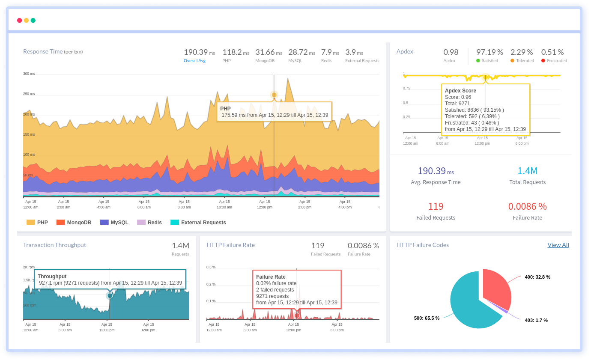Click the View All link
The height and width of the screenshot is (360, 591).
click(558, 245)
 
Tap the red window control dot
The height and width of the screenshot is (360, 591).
click(19, 21)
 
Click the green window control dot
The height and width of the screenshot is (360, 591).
click(33, 21)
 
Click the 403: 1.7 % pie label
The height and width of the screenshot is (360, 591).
click(536, 320)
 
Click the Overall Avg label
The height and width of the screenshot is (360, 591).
click(194, 61)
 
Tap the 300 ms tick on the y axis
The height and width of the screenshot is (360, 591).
click(29, 74)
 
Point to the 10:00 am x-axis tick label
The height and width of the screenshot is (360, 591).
click(224, 204)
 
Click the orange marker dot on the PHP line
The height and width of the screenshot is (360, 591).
click(274, 95)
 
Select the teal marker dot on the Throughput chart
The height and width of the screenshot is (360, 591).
click(110, 296)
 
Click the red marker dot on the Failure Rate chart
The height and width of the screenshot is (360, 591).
click(297, 315)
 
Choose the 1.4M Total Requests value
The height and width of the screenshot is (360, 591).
click(527, 171)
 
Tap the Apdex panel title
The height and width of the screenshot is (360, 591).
click(405, 51)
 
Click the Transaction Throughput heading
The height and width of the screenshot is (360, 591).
click(54, 245)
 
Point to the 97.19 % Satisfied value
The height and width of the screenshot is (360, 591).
click(490, 52)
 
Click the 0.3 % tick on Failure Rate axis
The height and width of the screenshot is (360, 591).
click(211, 267)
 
